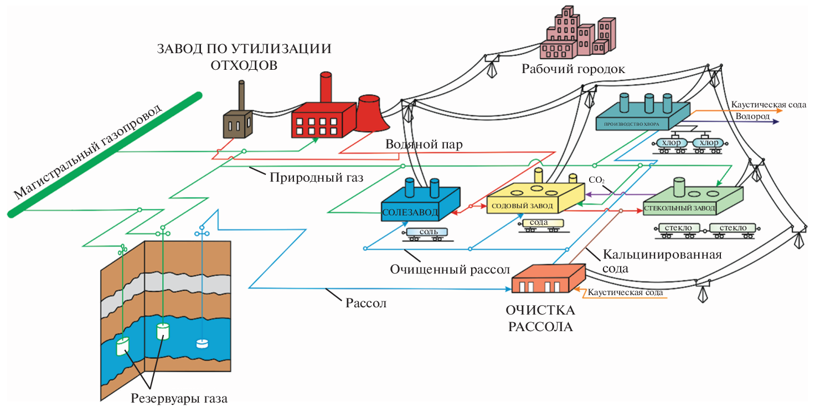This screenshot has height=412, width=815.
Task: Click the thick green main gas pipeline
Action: pos(105,154)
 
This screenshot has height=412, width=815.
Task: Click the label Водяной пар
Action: pos(424,145)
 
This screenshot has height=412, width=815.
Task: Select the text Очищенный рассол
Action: pos(449,270)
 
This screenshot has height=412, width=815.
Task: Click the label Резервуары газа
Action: pos(179,398)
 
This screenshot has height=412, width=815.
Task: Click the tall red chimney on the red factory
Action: pos(326,89)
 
